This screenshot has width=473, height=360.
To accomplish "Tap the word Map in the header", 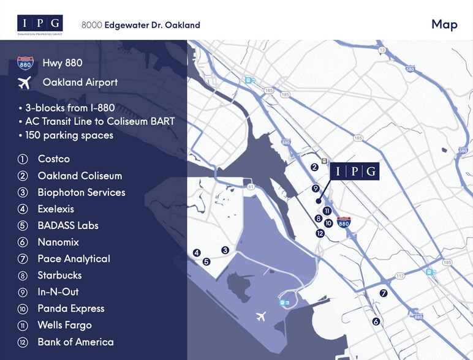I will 444,24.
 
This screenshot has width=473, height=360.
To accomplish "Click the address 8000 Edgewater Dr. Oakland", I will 141,25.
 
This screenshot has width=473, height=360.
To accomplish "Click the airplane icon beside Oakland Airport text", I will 25,82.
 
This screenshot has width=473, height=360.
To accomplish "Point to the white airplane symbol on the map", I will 262,316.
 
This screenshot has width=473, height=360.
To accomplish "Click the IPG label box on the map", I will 354,171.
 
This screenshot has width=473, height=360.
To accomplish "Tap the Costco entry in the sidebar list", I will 53,159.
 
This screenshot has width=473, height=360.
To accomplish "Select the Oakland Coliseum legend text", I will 80,176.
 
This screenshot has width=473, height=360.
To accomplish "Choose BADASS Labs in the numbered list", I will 67,225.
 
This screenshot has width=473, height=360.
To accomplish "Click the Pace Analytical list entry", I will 74,259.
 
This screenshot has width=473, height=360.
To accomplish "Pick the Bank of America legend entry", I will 75,342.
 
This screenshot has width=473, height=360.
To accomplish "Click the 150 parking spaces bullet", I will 69,135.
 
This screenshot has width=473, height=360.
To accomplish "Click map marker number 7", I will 384,293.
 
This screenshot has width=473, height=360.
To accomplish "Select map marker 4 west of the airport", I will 197,252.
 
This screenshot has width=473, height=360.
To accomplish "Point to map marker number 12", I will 320,233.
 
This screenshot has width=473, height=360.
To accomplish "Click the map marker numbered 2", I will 314,167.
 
